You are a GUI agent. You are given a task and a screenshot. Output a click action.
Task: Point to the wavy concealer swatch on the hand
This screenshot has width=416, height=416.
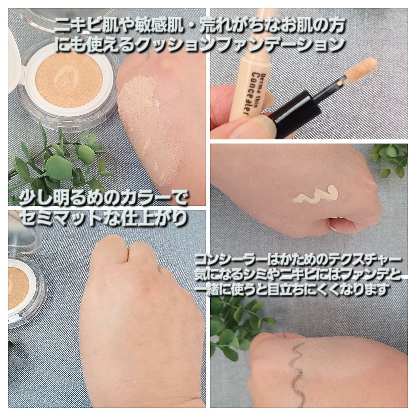(315, 194)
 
